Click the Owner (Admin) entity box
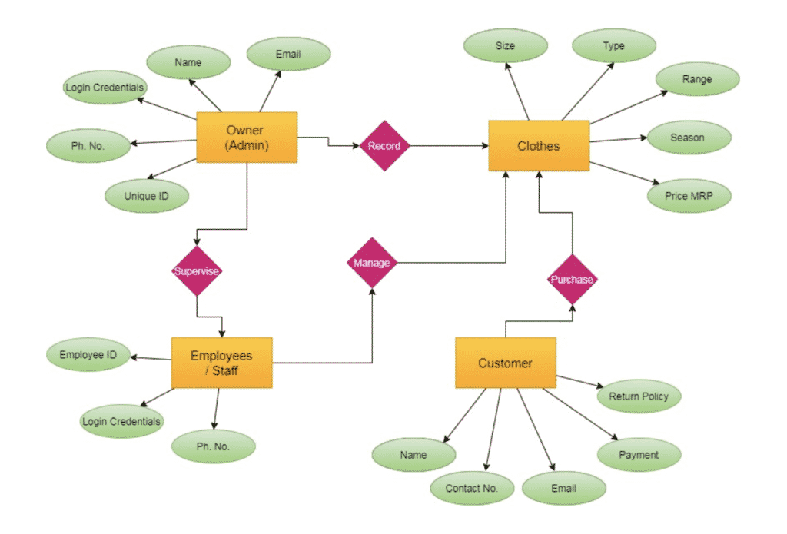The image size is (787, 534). click(x=247, y=138)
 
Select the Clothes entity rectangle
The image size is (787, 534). click(x=538, y=146)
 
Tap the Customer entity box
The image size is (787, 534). click(x=505, y=363)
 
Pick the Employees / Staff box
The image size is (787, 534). click(x=221, y=363)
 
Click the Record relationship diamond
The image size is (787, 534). click(x=384, y=145)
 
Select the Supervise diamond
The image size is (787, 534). click(x=197, y=271)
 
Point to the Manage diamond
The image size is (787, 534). click(x=371, y=263)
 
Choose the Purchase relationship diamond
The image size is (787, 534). click(x=572, y=279)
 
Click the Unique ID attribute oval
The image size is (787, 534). click(x=145, y=195)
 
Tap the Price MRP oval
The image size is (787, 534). click(x=689, y=195)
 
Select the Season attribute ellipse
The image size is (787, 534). click(x=687, y=138)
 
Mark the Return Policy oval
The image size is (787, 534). click(x=639, y=396)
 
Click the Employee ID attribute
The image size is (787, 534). click(x=88, y=355)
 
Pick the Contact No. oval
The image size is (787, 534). click(x=471, y=488)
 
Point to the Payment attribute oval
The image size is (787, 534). click(x=639, y=455)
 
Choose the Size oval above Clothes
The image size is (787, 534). click(x=505, y=46)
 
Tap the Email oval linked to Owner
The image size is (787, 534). click(x=288, y=55)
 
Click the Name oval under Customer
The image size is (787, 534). click(x=413, y=455)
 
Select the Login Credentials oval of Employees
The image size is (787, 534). click(x=121, y=421)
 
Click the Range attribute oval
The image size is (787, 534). click(x=696, y=79)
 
